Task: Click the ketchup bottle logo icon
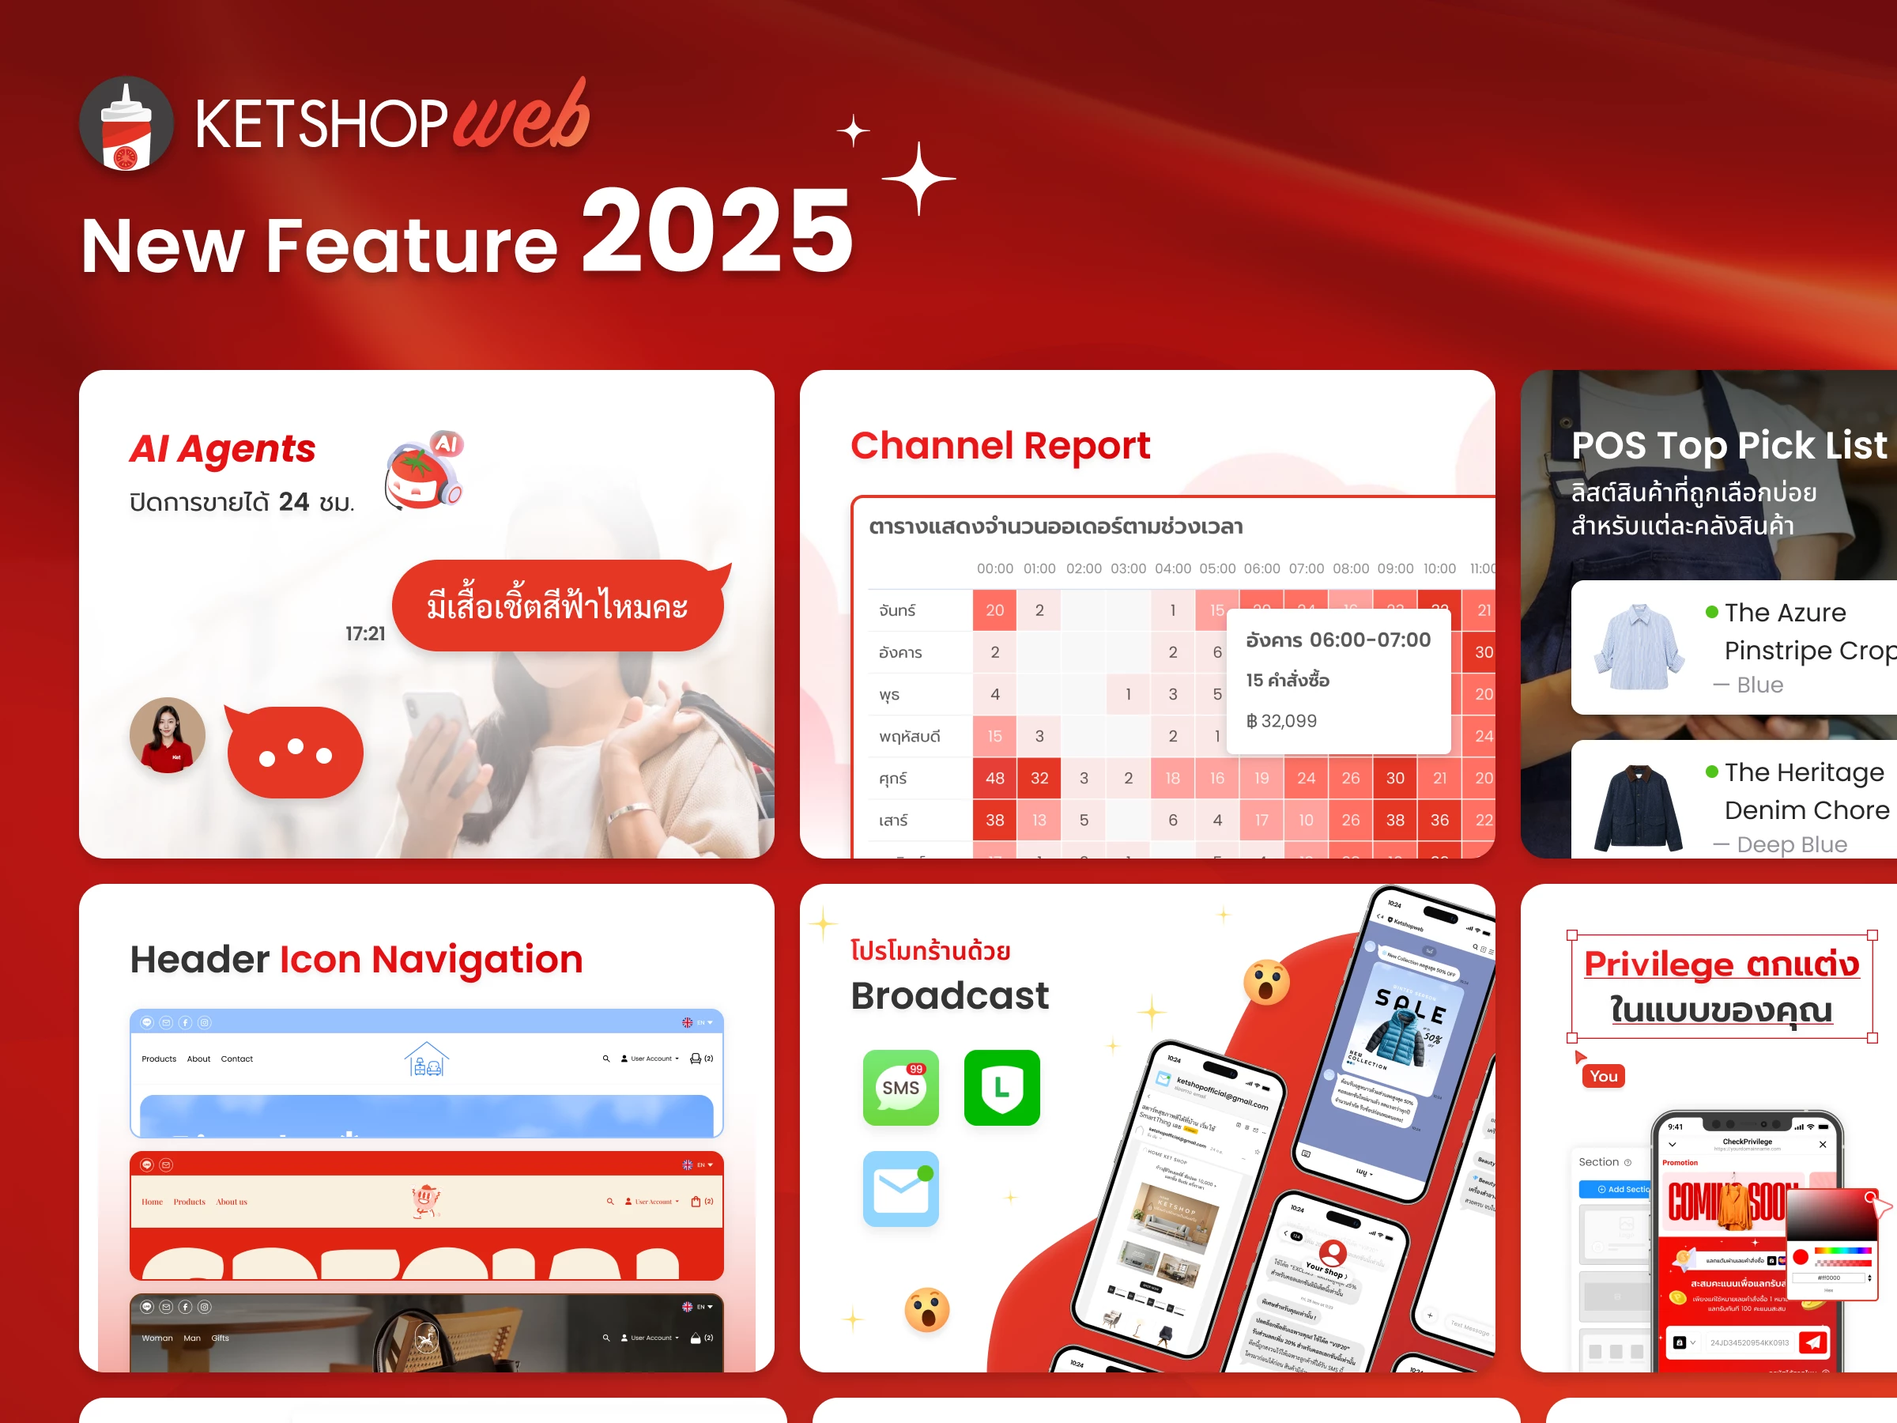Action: coord(126,124)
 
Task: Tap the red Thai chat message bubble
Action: coord(557,606)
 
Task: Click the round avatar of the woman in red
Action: coord(168,735)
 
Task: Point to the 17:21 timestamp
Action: coord(365,634)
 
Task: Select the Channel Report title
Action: coord(1000,446)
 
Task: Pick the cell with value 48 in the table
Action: coord(994,778)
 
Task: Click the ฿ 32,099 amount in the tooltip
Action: coord(1281,720)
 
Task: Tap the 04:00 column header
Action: coord(1172,568)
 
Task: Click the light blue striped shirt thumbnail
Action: coord(1639,647)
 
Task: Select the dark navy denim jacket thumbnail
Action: coord(1639,806)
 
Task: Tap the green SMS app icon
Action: coord(900,1087)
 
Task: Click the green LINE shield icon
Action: coord(1001,1087)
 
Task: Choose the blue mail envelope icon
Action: coord(900,1189)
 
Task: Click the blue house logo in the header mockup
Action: coord(426,1059)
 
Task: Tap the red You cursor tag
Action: coord(1603,1076)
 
